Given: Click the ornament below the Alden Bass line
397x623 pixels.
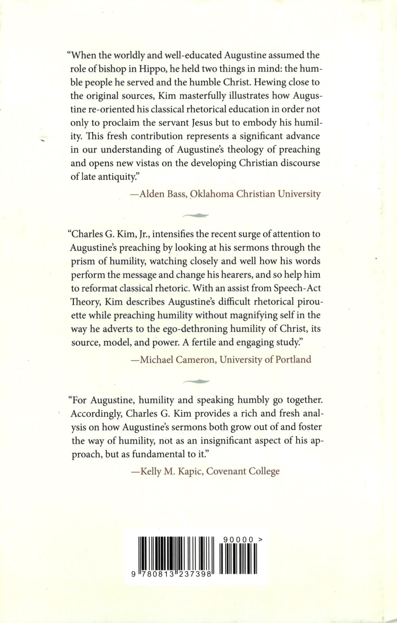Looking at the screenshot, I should click(x=196, y=215).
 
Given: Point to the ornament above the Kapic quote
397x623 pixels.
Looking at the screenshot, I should click(x=196, y=381).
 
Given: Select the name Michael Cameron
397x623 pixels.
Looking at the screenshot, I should click(x=176, y=359).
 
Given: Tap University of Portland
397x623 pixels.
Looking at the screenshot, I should click(x=265, y=359).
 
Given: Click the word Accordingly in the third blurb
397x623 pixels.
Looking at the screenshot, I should click(x=93, y=414).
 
